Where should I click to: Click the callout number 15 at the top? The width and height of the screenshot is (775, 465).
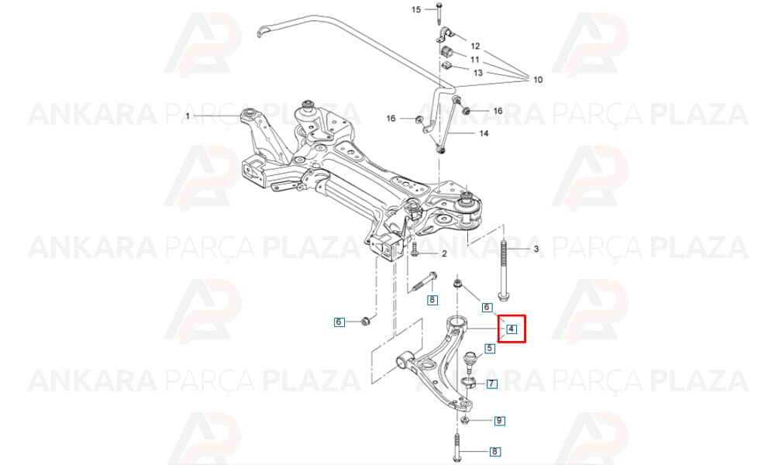point(415,9)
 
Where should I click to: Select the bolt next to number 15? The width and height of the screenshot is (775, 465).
point(439,13)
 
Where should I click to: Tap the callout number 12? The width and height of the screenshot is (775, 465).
point(475,46)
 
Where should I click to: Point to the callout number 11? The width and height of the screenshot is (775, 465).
point(475,60)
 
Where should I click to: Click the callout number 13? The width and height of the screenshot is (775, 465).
point(478,73)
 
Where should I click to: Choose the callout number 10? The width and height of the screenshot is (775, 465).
point(538,79)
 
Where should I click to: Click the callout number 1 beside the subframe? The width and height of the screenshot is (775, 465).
point(188,116)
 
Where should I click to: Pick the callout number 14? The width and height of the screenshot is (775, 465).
point(484,133)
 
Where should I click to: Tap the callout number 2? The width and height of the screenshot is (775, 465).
point(444,253)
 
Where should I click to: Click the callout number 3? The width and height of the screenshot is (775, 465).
point(536,249)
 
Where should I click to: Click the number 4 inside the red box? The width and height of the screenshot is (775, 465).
point(511,329)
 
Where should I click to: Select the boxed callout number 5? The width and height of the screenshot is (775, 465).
point(489,349)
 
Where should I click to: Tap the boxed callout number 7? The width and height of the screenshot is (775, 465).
point(492,383)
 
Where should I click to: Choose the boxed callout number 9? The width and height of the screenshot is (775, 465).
point(500,421)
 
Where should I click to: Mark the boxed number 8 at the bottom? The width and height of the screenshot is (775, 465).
point(494,451)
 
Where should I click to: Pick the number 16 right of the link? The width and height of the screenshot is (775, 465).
point(498,111)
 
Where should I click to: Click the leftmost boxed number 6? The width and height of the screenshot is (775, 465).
point(339,322)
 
